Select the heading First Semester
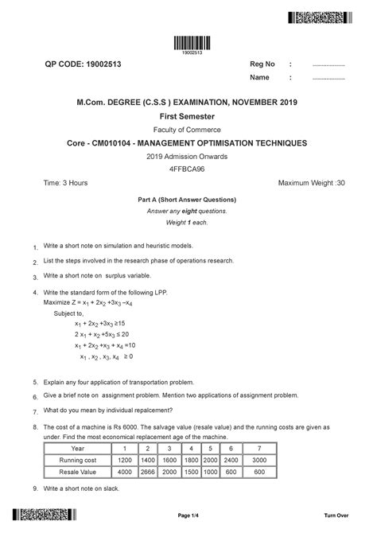(x=188, y=115)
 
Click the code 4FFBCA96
(x=188, y=169)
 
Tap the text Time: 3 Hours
(x=65, y=184)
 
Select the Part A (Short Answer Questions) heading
(x=188, y=199)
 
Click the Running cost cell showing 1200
(x=146, y=461)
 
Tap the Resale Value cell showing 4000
(x=146, y=472)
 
